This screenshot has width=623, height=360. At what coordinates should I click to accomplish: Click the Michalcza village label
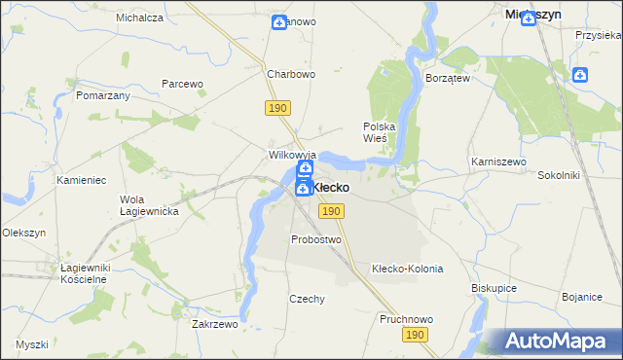(x=139, y=18)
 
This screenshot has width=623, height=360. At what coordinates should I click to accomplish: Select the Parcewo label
(x=182, y=84)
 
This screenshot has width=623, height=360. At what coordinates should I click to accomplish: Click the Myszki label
(x=31, y=344)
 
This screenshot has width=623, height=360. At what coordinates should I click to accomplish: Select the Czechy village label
(x=307, y=299)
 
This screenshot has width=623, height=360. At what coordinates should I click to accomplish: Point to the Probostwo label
(x=316, y=239)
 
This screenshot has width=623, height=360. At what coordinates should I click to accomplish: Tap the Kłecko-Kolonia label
(x=408, y=269)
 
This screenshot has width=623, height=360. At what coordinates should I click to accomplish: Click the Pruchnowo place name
(x=406, y=319)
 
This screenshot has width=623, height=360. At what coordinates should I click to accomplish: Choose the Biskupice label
(x=495, y=288)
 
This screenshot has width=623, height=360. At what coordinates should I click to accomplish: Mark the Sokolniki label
(x=559, y=176)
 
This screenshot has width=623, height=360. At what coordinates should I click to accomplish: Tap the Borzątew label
(x=449, y=78)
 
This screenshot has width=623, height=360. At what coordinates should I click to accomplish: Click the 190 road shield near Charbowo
(x=275, y=109)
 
